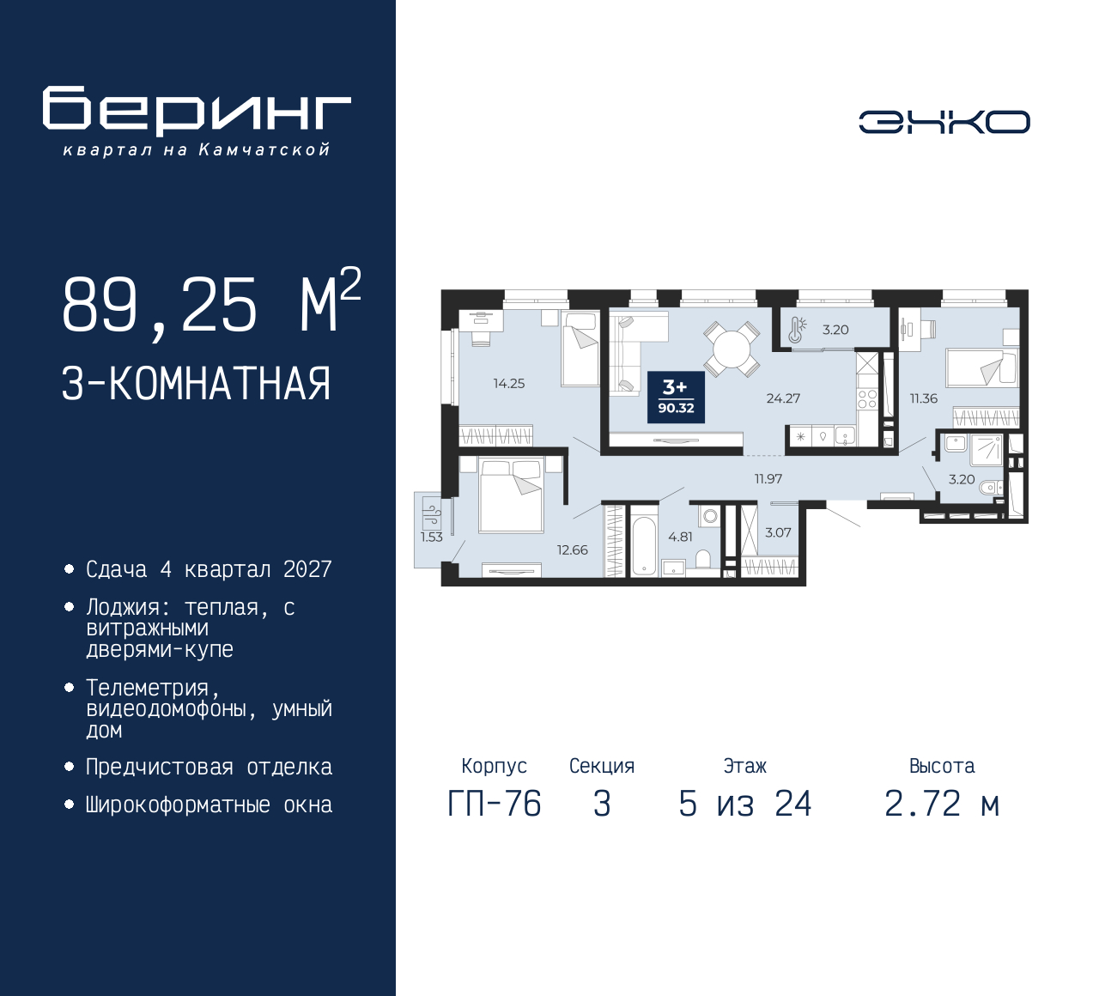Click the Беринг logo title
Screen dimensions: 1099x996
[x=197, y=112]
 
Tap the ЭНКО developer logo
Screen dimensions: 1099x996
[x=944, y=122]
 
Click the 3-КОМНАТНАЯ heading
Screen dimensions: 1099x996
[x=196, y=384]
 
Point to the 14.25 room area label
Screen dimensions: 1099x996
[x=509, y=384]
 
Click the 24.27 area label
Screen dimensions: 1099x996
[x=783, y=398]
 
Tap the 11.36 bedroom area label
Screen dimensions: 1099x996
[x=924, y=398]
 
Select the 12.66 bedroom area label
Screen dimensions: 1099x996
[x=573, y=550]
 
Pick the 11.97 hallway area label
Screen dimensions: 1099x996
[x=768, y=479]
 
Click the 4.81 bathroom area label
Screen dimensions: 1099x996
[x=681, y=537]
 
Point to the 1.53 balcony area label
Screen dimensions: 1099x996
[x=432, y=537]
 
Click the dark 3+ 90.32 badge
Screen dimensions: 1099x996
[x=676, y=398]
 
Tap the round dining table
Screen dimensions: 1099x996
[x=732, y=349]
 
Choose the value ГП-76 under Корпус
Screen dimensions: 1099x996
[x=495, y=804]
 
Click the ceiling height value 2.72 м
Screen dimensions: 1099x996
[x=943, y=804]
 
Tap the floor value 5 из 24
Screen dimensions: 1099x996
[x=744, y=804]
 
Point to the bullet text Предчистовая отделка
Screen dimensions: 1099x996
[x=209, y=768]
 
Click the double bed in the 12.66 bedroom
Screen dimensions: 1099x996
[x=511, y=495]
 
